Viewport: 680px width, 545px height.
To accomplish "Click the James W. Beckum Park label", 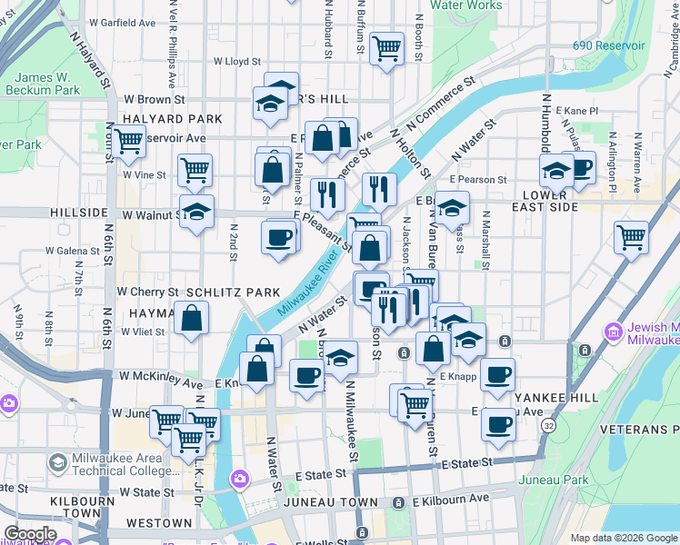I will pos(42,84).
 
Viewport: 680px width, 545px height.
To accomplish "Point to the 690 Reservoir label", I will pos(608,45).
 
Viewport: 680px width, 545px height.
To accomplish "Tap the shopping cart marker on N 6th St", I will pos(128,141).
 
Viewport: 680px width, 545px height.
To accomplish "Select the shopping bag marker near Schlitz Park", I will pos(191,318).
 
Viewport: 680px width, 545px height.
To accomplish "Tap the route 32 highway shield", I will pos(548,426).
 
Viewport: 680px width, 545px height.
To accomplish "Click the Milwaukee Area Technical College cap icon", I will pos(57,464).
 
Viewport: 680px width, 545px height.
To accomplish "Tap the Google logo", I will pos(29,534).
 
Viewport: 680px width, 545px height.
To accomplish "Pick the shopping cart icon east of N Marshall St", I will pos(631,237).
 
